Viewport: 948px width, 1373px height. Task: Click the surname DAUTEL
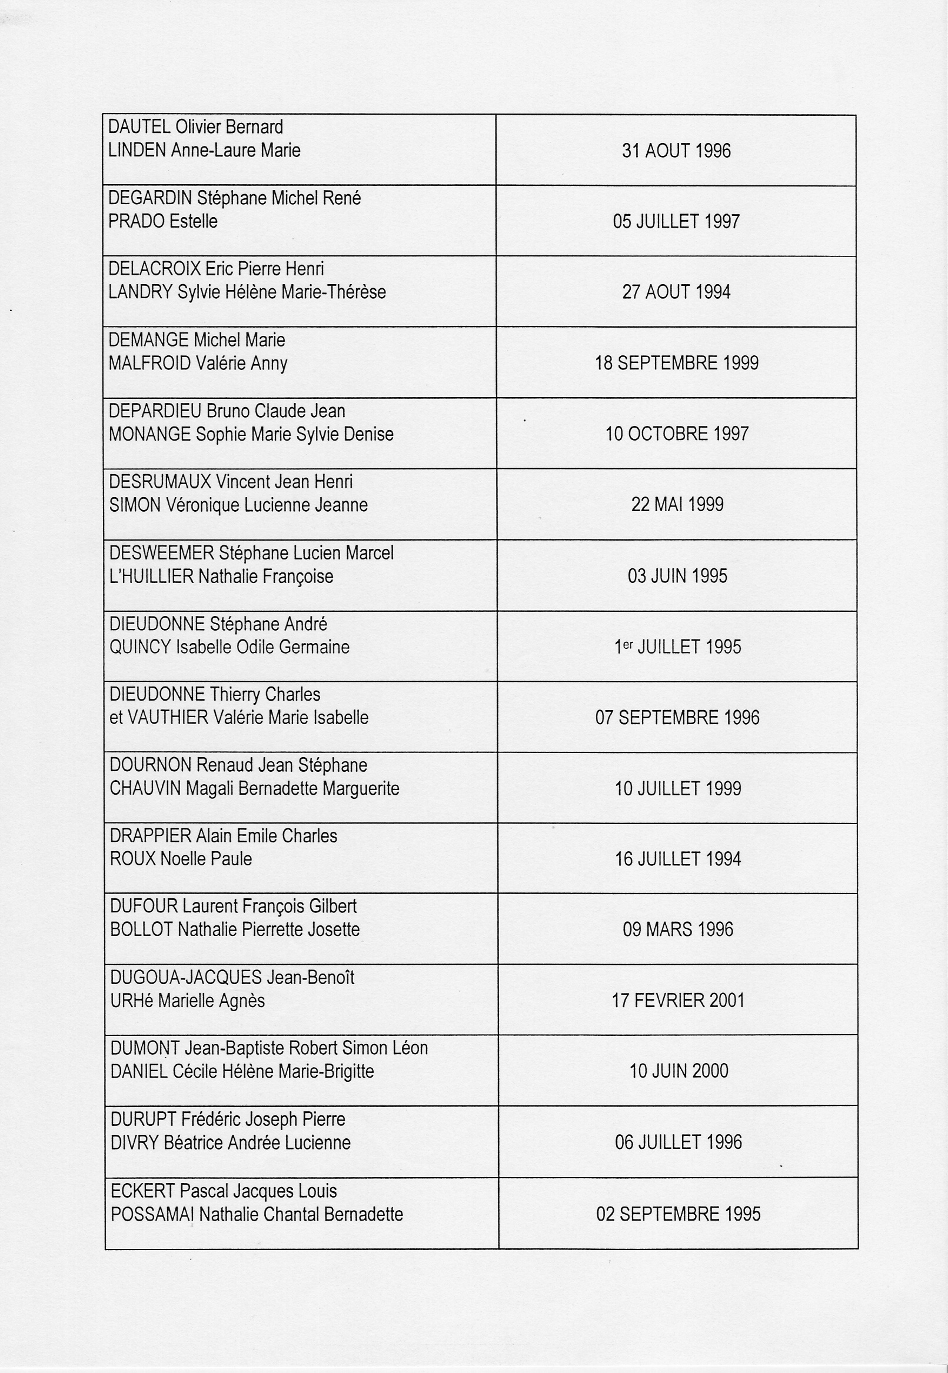pyautogui.click(x=139, y=127)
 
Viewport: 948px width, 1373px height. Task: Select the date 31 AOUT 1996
pyautogui.click(x=676, y=151)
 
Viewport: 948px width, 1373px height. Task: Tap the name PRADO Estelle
pyautogui.click(x=163, y=222)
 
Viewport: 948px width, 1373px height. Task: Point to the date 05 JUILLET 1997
pyautogui.click(x=676, y=222)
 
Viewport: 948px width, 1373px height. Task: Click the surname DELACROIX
pyautogui.click(x=154, y=269)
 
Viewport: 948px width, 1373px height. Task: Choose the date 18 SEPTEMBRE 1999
pyautogui.click(x=677, y=363)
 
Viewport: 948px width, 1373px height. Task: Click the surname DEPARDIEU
pyautogui.click(x=155, y=411)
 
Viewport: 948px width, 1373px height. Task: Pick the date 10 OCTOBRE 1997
pyautogui.click(x=677, y=434)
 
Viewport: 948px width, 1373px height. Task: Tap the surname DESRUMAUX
pyautogui.click(x=160, y=482)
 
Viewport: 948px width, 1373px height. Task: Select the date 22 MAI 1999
pyautogui.click(x=677, y=505)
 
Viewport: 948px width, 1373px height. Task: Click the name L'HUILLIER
pyautogui.click(x=151, y=576)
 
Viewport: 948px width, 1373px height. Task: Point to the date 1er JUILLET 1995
pyautogui.click(x=677, y=646)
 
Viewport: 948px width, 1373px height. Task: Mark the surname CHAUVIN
pyautogui.click(x=145, y=789)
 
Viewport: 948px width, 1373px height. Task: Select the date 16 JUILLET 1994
pyautogui.click(x=678, y=859)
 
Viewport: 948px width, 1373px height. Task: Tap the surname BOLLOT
pyautogui.click(x=141, y=929)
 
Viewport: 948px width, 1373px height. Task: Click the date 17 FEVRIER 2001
pyautogui.click(x=678, y=1001)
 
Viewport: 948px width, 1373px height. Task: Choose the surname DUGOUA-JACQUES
pyautogui.click(x=186, y=978)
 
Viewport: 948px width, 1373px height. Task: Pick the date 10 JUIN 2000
pyautogui.click(x=678, y=1071)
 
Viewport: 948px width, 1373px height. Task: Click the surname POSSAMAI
pyautogui.click(x=152, y=1214)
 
